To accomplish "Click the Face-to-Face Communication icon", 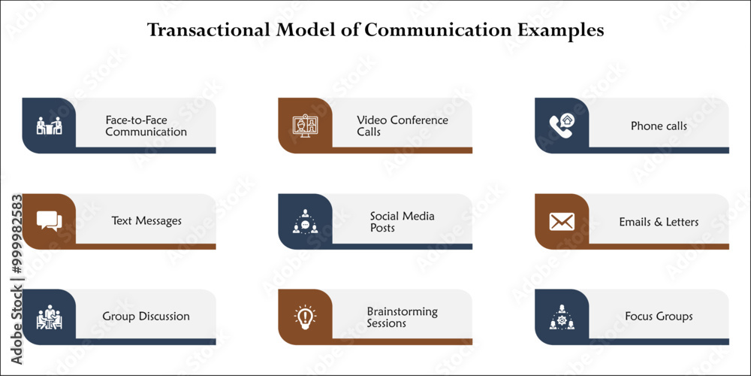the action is point(50,126).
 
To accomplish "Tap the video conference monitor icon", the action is point(305,126).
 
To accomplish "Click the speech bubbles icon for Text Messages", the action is point(50,221).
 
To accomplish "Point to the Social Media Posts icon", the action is point(305,221).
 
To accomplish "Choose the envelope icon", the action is point(562,222).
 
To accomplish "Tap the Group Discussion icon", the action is point(50,317).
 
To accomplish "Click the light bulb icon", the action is point(305,317).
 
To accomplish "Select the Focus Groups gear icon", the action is point(562,317).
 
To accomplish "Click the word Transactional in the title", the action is point(210,30).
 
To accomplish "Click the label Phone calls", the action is point(659,126).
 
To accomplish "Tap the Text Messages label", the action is point(146,220).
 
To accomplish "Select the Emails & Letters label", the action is point(659,222).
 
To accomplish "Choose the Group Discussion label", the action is point(146,317).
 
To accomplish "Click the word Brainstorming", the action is point(403,312).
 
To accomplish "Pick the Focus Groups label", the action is point(659,317).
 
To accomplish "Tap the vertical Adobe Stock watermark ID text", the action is point(17,279).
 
